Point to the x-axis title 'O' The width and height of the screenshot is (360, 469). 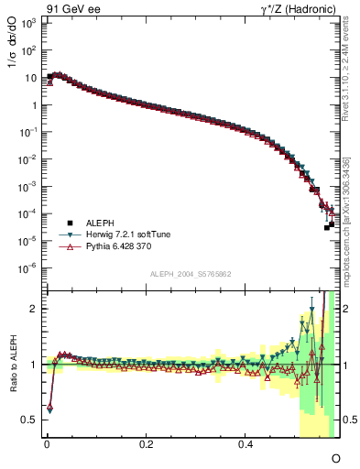click(x=335, y=458)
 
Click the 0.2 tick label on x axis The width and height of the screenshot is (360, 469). click(x=146, y=444)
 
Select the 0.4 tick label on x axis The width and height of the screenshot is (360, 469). click(x=245, y=444)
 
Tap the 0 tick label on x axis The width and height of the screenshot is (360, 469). click(x=47, y=444)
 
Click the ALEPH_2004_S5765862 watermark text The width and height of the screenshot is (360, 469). click(x=191, y=275)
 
